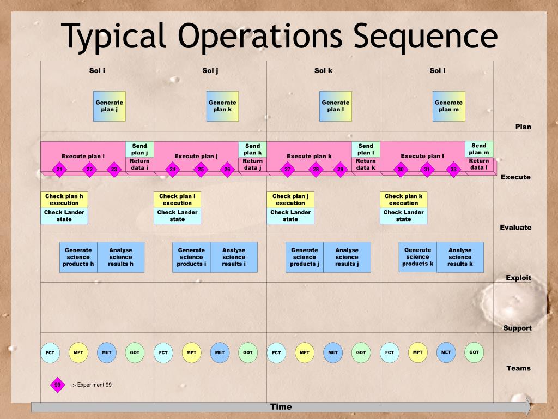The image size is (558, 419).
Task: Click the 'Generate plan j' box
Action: pyautogui.click(x=110, y=106)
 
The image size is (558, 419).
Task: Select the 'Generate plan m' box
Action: pyautogui.click(x=448, y=106)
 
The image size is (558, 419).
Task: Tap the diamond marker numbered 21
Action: pyautogui.click(x=59, y=170)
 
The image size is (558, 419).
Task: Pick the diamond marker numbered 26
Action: pyautogui.click(x=228, y=170)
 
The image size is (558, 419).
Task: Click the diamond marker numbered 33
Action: pyautogui.click(x=454, y=170)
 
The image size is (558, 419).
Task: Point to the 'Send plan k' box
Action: pyautogui.click(x=253, y=149)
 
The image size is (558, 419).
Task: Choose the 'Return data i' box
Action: pyautogui.click(x=139, y=164)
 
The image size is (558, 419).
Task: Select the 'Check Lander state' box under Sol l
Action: pyautogui.click(x=403, y=216)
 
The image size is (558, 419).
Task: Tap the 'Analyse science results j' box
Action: pyautogui.click(x=347, y=257)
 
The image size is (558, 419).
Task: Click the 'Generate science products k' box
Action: pyautogui.click(x=418, y=256)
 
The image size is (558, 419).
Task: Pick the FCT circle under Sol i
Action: pyautogui.click(x=50, y=352)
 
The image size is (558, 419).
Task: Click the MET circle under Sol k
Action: pyautogui.click(x=333, y=352)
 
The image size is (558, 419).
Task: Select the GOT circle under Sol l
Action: pyautogui.click(x=474, y=352)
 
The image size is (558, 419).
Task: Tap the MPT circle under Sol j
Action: pyautogui.click(x=191, y=352)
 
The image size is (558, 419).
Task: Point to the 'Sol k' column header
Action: pyautogui.click(x=323, y=70)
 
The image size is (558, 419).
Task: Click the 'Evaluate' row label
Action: pyautogui.click(x=515, y=228)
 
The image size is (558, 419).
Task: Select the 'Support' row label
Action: pyautogui.click(x=517, y=328)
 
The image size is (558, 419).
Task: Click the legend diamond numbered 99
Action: pyautogui.click(x=57, y=385)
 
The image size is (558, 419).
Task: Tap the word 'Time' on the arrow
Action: pyautogui.click(x=281, y=406)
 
